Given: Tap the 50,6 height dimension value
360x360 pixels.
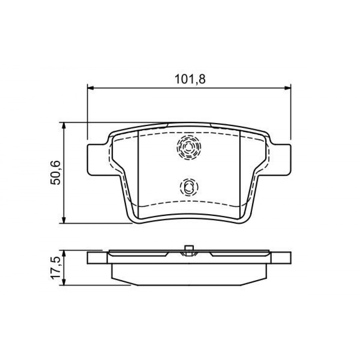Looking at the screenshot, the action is [55, 173].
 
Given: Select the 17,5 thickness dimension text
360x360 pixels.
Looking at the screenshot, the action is [55, 268].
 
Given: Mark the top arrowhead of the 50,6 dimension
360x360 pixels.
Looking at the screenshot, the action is [64, 126].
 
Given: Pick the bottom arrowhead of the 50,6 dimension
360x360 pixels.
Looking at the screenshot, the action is [64, 220].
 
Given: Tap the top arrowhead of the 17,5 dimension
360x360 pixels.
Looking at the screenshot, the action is [64, 253].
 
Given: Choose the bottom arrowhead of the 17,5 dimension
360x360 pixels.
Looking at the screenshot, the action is [64, 282].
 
